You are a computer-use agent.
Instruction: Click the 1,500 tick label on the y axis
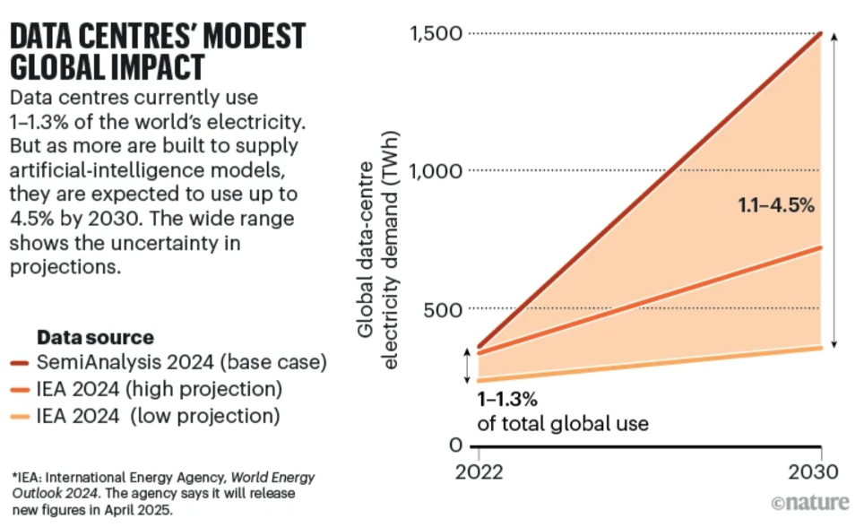coord(436,34)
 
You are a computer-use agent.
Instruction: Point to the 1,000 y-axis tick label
coord(436,170)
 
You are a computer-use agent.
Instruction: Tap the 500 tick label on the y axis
coord(442,309)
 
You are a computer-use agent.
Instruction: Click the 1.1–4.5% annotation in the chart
coord(775,205)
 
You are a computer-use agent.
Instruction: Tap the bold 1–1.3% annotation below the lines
coord(507,398)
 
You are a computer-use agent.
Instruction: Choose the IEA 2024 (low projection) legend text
coord(159,417)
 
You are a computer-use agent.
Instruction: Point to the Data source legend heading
coord(95,338)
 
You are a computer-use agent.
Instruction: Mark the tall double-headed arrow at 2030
coord(834,190)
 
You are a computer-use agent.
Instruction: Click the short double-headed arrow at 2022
coord(466,365)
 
